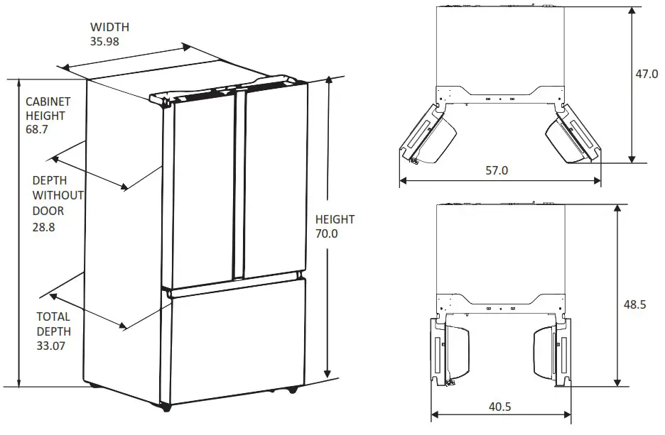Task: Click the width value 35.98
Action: click(x=104, y=41)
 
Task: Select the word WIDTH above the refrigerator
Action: click(x=109, y=28)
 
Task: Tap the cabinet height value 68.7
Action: click(x=38, y=131)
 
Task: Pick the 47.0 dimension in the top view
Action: click(x=647, y=73)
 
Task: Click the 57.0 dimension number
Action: click(x=497, y=170)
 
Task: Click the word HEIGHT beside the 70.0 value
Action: click(x=335, y=219)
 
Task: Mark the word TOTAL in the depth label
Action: click(x=53, y=316)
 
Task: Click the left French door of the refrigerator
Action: click(x=202, y=192)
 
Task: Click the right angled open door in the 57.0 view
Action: click(x=573, y=135)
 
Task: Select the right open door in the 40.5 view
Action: click(x=551, y=351)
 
